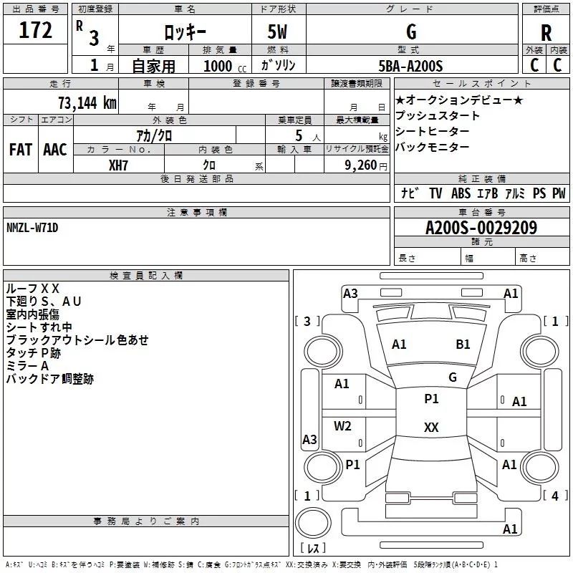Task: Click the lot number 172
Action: [35, 30]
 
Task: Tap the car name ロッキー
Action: [185, 32]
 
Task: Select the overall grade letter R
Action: [546, 33]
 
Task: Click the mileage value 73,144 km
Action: [87, 103]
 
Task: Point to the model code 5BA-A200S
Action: [410, 66]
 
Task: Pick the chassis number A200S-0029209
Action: [481, 228]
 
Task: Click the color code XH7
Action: [118, 165]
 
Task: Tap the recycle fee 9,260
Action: [361, 165]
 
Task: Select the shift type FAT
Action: [21, 150]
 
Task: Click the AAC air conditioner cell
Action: [55, 150]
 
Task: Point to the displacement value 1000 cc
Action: [225, 66]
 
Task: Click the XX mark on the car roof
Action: [431, 427]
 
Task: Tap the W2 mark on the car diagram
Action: [342, 426]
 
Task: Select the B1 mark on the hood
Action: [463, 345]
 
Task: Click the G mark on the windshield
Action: [453, 377]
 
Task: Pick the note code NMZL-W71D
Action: [32, 228]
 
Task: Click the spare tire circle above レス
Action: [313, 523]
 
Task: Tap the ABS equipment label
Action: [461, 193]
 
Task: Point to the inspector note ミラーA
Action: [27, 366]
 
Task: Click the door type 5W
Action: [277, 32]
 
